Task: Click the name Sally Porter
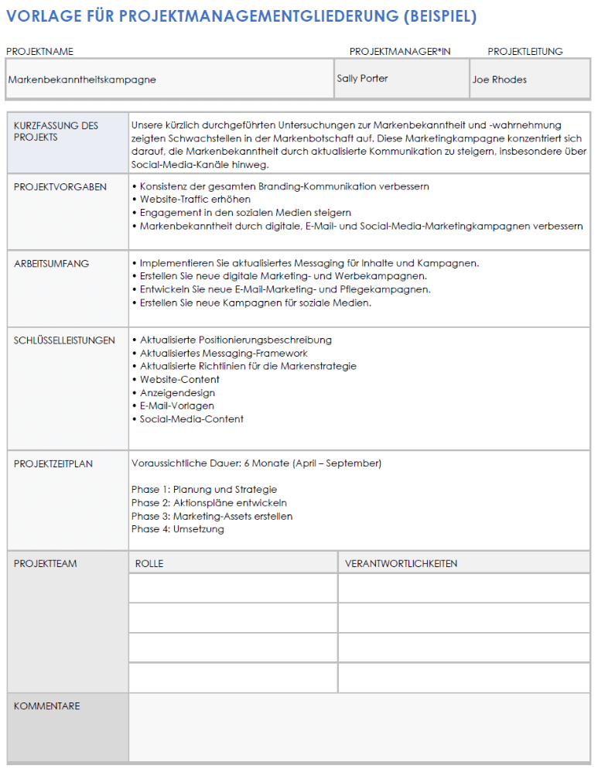362,79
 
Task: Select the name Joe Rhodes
499,80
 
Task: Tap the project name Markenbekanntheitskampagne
82,80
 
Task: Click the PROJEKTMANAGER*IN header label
399,52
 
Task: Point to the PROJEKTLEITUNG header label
525,52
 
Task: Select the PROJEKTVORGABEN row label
60,187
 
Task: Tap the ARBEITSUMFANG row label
51,264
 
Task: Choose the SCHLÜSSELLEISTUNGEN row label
64,340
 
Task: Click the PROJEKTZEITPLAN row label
53,464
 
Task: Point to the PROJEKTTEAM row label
45,564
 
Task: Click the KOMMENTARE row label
46,706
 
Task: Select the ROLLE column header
149,564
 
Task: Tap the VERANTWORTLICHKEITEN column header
401,564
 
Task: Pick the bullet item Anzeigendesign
177,393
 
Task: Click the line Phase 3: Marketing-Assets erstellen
212,516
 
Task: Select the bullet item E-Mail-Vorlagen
176,406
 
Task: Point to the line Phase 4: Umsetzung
178,529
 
